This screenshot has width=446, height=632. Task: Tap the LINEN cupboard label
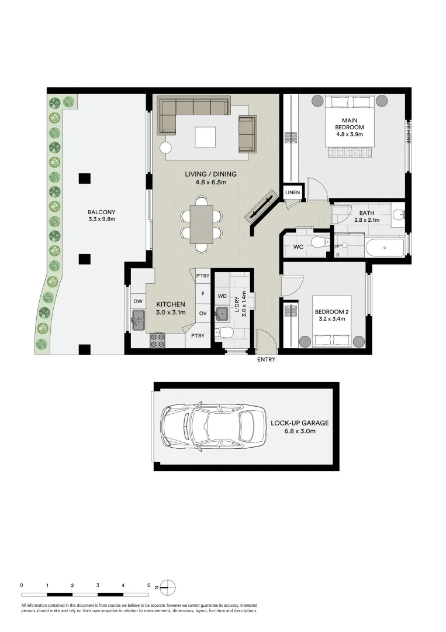coord(292,193)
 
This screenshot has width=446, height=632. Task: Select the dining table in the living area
coord(202,224)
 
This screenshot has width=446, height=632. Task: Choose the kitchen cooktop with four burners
coord(158,340)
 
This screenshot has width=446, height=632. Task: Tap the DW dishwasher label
coord(138,301)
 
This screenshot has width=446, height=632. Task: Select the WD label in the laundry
coord(222,296)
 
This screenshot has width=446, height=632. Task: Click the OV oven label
coord(203,313)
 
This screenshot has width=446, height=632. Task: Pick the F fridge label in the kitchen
coord(203,294)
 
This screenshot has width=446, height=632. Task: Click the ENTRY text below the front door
coord(266,360)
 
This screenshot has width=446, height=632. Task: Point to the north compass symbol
coord(167,586)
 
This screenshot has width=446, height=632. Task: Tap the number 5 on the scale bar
coord(148,585)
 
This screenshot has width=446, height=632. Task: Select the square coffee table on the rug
coord(205,137)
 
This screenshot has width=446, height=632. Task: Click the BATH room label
coord(367,213)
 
